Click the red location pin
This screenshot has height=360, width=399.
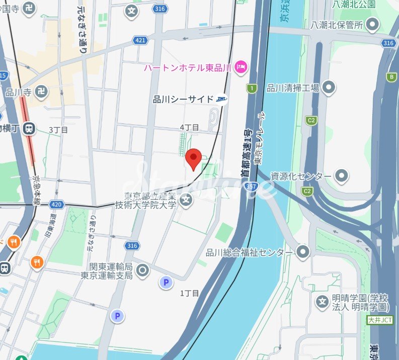pyautogui.click(x=193, y=159)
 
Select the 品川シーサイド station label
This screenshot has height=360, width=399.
pyautogui.click(x=183, y=99)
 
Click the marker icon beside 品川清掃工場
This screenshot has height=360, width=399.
pyautogui.click(x=329, y=88)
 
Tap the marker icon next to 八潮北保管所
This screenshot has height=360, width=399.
pyautogui.click(x=373, y=24)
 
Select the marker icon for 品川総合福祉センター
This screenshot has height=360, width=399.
pyautogui.click(x=303, y=252)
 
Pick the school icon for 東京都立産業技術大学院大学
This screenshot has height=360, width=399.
pyautogui.click(x=187, y=200)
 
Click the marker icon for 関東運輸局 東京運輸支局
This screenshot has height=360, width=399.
pyautogui.click(x=143, y=271)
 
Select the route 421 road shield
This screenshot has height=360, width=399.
pyautogui.click(x=140, y=40)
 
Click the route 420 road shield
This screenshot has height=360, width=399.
pyautogui.click(x=56, y=204)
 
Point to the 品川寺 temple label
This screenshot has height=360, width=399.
pyautogui.click(x=18, y=93)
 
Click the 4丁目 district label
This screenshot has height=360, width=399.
pyautogui.click(x=189, y=127)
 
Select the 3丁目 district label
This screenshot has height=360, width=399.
pyautogui.click(x=58, y=129)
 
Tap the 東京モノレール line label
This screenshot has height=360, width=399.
pyautogui.click(x=259, y=138)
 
